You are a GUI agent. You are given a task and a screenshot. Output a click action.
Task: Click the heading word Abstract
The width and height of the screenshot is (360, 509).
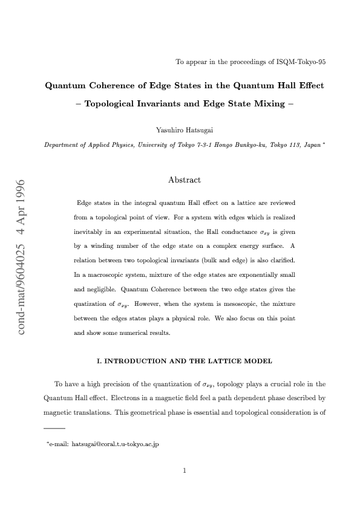point(185,180)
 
